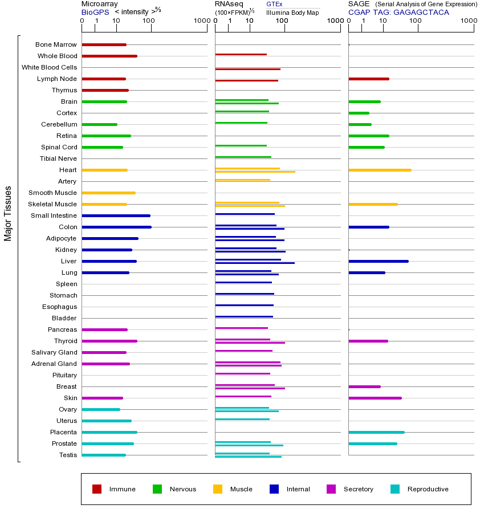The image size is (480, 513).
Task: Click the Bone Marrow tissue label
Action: [x=56, y=44]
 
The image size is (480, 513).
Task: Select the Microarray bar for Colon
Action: [x=116, y=227]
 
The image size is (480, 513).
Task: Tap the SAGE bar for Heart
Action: [x=380, y=170]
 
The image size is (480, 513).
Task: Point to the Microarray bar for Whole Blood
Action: [x=109, y=56]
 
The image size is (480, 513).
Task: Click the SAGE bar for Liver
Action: [x=379, y=261]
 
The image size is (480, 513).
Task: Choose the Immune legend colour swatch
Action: [x=97, y=489]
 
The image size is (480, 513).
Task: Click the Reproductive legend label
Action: [x=428, y=489]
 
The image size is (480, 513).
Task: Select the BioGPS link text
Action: [x=95, y=11]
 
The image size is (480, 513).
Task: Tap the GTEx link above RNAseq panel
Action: [x=274, y=4]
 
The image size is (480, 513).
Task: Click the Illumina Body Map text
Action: [x=292, y=12]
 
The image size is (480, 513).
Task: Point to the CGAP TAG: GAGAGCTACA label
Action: [x=398, y=12]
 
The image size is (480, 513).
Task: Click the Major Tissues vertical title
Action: [x=8, y=213]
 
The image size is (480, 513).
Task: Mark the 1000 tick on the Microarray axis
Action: [x=201, y=21]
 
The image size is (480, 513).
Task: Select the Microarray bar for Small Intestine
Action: [x=116, y=215]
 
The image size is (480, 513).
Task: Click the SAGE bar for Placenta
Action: [x=376, y=432]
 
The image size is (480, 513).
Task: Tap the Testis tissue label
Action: [x=68, y=455]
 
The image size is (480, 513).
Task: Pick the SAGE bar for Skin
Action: [x=375, y=398]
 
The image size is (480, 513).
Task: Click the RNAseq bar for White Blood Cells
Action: [x=247, y=69]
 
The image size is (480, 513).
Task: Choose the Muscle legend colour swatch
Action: [x=218, y=489]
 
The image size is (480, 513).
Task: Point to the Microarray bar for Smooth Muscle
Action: [x=108, y=193]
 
